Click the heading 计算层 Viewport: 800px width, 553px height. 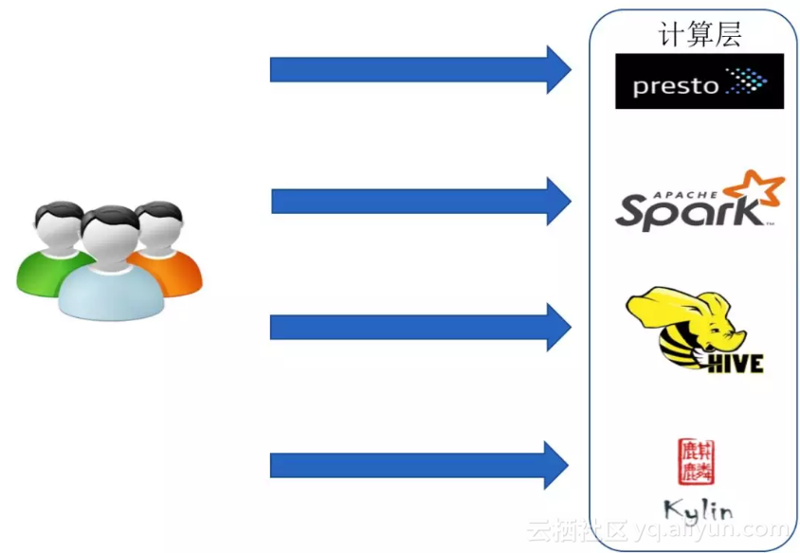point(700,34)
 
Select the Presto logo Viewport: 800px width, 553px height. point(700,81)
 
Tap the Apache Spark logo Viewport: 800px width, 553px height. point(700,201)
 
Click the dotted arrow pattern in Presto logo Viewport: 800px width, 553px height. point(745,82)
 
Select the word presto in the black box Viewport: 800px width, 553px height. point(675,86)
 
